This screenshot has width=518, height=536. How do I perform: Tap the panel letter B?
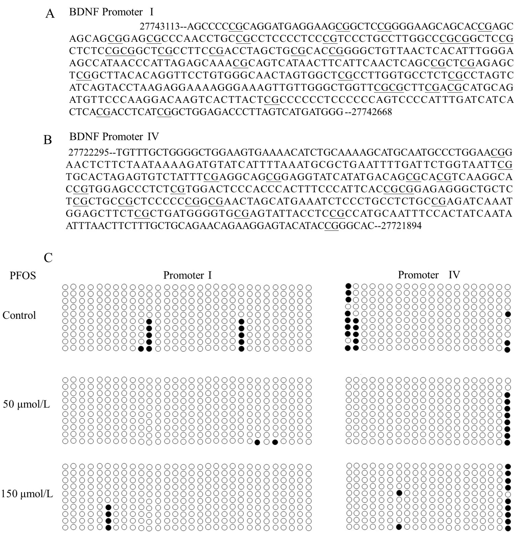point(48,140)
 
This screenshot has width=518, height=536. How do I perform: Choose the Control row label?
point(19,315)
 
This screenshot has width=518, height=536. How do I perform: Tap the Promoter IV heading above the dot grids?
point(429,275)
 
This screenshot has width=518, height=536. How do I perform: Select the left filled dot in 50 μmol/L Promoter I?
point(257,442)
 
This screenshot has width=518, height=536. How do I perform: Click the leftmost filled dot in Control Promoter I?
point(141,349)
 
